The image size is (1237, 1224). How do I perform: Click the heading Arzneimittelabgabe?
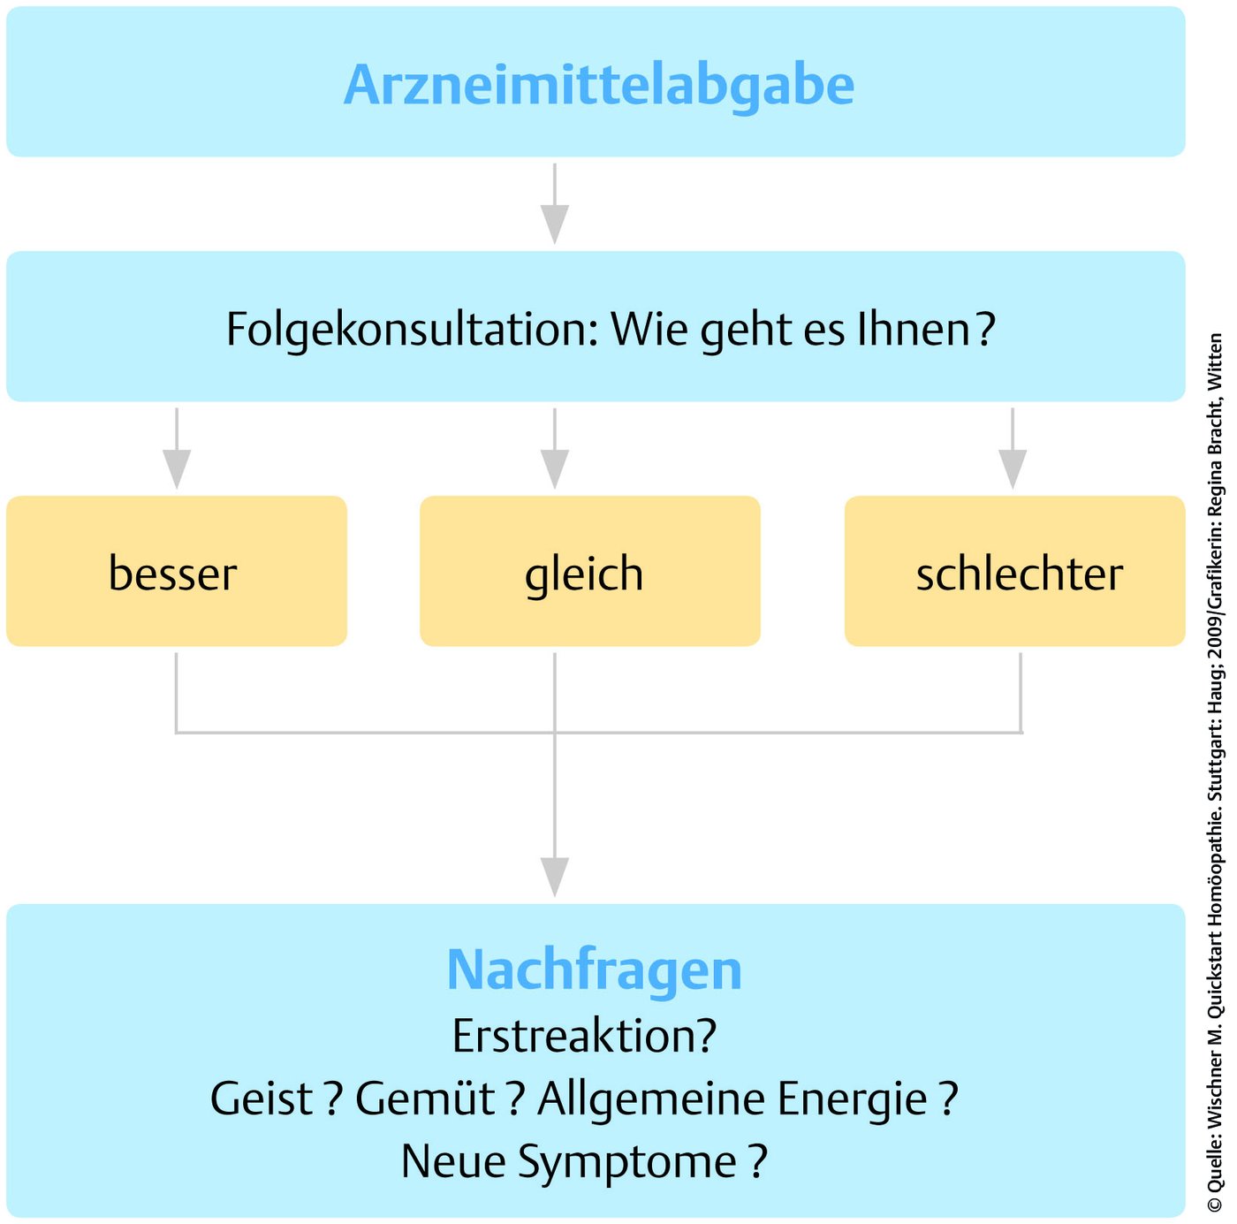598,86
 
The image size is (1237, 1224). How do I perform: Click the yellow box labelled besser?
177,571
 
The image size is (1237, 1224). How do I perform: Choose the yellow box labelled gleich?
590,571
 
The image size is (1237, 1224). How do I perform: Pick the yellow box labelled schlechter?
1015,571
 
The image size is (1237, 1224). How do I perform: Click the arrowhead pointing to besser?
177,469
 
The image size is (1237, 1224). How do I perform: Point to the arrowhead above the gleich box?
555,469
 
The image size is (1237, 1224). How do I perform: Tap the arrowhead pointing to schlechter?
1013,469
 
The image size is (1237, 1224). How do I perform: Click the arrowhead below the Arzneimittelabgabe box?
555,224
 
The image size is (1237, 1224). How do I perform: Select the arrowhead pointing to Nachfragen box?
555,878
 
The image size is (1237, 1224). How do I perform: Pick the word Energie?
853,1100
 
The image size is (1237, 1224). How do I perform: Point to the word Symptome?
627,1163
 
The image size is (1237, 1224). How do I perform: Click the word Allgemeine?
650,1100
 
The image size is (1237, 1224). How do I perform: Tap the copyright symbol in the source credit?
1215,1204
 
